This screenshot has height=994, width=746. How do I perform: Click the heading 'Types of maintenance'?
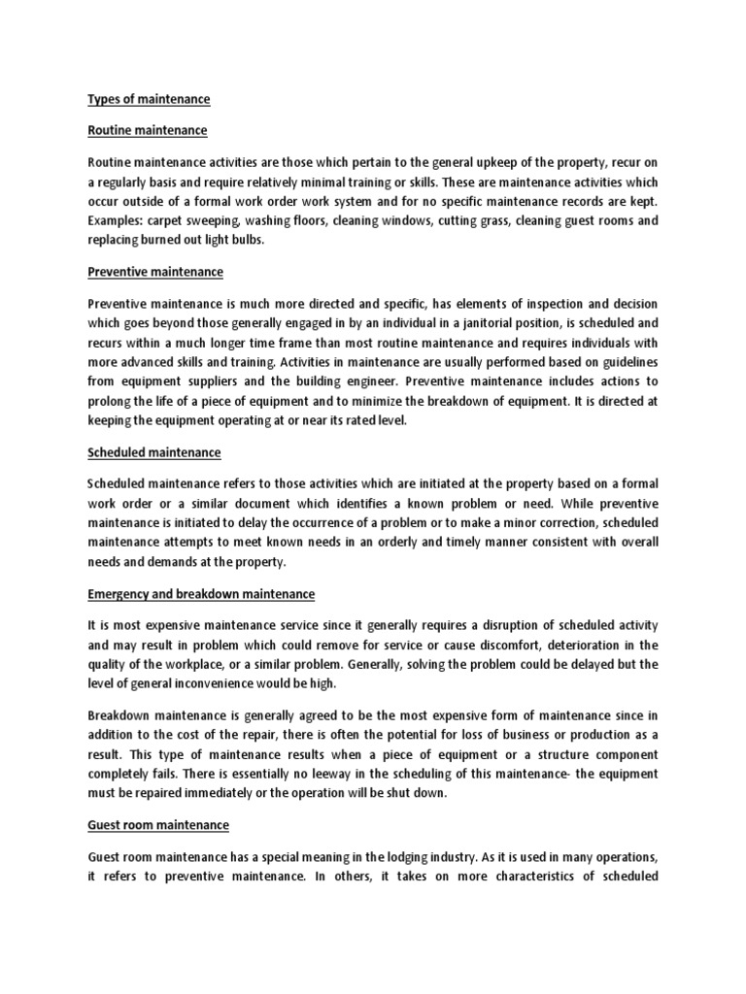(149, 99)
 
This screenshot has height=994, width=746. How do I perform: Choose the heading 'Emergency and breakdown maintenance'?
(201, 593)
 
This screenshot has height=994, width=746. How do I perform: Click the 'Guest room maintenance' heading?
(158, 825)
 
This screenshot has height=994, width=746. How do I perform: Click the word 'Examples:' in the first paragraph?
(116, 220)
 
